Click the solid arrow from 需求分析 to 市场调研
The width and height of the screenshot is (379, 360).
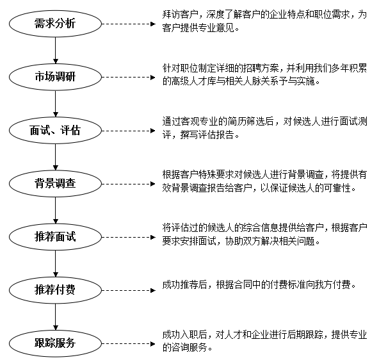point(55,51)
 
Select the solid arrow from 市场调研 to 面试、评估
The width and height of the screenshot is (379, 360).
point(55,104)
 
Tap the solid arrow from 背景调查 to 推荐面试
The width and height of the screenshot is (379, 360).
point(55,210)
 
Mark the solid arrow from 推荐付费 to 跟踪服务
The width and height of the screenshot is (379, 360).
point(55,317)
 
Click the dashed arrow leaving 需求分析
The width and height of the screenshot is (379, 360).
point(128,24)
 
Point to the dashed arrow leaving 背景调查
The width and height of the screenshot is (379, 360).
point(128,184)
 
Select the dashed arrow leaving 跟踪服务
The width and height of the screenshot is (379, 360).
point(128,343)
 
